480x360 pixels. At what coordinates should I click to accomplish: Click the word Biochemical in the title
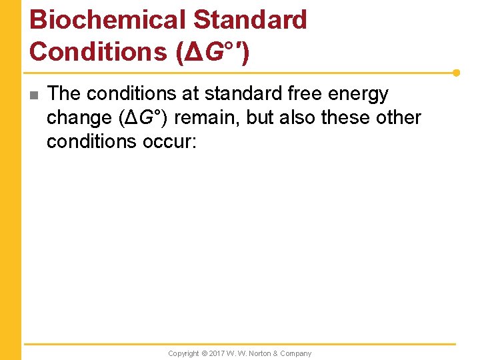pyautogui.click(x=107, y=20)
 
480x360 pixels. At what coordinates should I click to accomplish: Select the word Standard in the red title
pyautogui.click(x=250, y=20)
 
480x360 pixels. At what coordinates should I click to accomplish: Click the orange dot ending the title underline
pyautogui.click(x=457, y=73)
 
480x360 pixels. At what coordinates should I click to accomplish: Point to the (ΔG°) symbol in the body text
pyautogui.click(x=143, y=118)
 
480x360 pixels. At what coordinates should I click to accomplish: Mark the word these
pyautogui.click(x=351, y=118)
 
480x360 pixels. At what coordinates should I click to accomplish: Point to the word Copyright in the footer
pyautogui.click(x=183, y=353)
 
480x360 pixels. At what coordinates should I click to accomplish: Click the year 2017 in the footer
pyautogui.click(x=217, y=353)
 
